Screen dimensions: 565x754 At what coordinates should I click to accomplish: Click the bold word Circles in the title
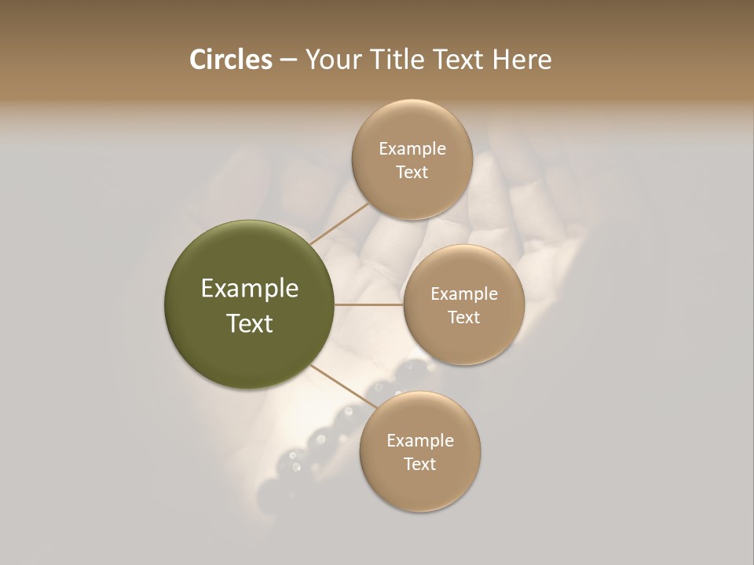tap(230, 60)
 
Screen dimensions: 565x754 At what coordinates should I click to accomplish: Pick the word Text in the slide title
tap(460, 60)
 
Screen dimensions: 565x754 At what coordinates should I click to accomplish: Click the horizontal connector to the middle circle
tap(368, 304)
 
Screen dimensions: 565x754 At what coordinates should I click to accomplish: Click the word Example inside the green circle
tap(249, 289)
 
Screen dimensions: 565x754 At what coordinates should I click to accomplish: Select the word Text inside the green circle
tap(249, 323)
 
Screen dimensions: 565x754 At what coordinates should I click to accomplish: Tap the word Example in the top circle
tap(412, 149)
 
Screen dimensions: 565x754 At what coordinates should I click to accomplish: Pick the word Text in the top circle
tap(412, 173)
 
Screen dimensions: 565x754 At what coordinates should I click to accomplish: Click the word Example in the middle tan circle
tap(463, 294)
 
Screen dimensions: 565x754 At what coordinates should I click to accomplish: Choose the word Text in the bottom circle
tap(419, 465)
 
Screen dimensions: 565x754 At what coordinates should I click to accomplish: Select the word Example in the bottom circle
tap(419, 441)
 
